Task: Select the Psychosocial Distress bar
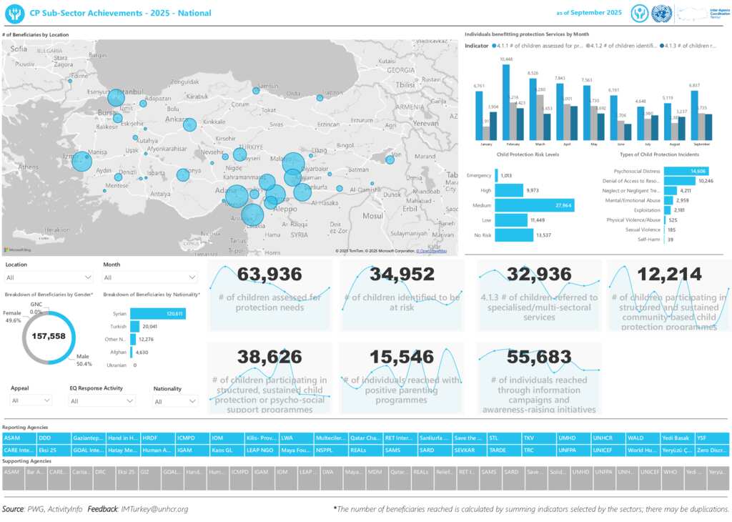point(686,171)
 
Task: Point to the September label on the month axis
point(701,144)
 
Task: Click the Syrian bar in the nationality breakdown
point(158,313)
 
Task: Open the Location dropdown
point(49,277)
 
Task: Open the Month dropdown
point(150,277)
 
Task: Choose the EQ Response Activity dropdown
point(102,401)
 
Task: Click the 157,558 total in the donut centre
point(49,336)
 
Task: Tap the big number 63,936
point(269,274)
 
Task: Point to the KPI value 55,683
point(539,357)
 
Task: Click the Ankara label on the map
point(176,119)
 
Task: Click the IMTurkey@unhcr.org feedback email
point(154,509)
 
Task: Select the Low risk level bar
point(515,220)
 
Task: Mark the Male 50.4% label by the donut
point(84,360)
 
